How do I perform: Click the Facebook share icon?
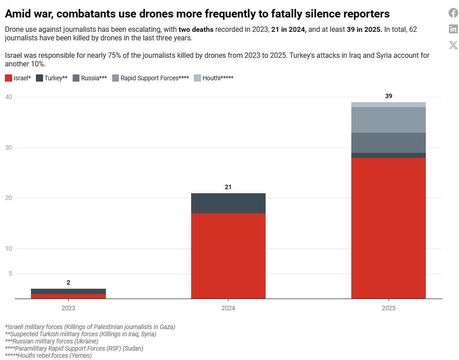coord(453,13)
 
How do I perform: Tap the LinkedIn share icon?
coord(453,29)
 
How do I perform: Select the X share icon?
coord(453,45)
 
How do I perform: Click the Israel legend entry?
coord(18,78)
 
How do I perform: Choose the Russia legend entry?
coord(89,78)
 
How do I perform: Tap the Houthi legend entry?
coord(214,78)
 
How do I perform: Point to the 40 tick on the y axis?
coord(9,97)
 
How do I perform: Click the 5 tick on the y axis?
coord(10,273)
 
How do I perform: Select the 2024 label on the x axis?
coord(228,308)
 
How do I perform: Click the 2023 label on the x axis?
coord(68,308)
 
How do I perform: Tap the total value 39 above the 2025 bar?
coord(389,96)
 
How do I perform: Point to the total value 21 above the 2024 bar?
coord(228,187)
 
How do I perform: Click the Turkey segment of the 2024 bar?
coord(228,203)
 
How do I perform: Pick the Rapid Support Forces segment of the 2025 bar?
coord(389,120)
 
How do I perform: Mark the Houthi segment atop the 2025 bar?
coord(389,104)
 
